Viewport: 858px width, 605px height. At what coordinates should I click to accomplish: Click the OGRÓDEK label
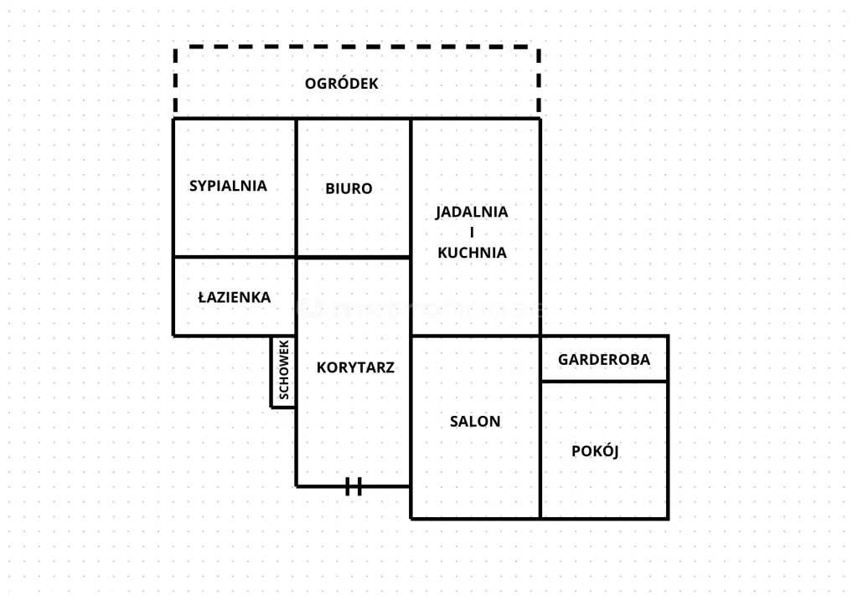(x=341, y=84)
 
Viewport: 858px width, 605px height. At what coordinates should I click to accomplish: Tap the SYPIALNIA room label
(x=228, y=186)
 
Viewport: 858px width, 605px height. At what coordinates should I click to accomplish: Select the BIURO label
(x=349, y=189)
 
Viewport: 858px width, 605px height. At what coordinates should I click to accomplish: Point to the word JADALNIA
(x=472, y=212)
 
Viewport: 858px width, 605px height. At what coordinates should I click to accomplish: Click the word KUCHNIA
(x=472, y=252)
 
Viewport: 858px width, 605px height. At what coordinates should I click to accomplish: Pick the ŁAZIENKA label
(x=234, y=297)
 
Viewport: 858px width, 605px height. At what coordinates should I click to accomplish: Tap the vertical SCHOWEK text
(x=284, y=372)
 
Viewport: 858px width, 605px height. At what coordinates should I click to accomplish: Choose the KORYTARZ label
(x=355, y=367)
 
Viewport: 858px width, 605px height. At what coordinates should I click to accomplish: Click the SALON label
(x=475, y=422)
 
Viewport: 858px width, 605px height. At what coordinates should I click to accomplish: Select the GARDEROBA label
(x=604, y=360)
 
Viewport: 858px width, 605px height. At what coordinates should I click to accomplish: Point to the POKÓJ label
(x=595, y=451)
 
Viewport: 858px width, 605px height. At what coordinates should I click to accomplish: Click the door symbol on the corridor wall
(x=354, y=486)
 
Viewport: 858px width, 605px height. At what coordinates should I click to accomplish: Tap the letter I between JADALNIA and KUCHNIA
(x=472, y=232)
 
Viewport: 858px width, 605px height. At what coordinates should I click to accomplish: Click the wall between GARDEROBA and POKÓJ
(x=604, y=382)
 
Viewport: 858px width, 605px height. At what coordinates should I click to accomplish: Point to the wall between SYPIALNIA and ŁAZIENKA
(x=235, y=257)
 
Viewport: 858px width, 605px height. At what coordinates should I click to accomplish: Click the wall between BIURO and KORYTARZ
(x=353, y=257)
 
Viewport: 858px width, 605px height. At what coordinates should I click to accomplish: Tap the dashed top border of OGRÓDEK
(x=357, y=48)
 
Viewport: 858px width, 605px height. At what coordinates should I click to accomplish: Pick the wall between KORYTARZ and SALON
(x=411, y=410)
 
